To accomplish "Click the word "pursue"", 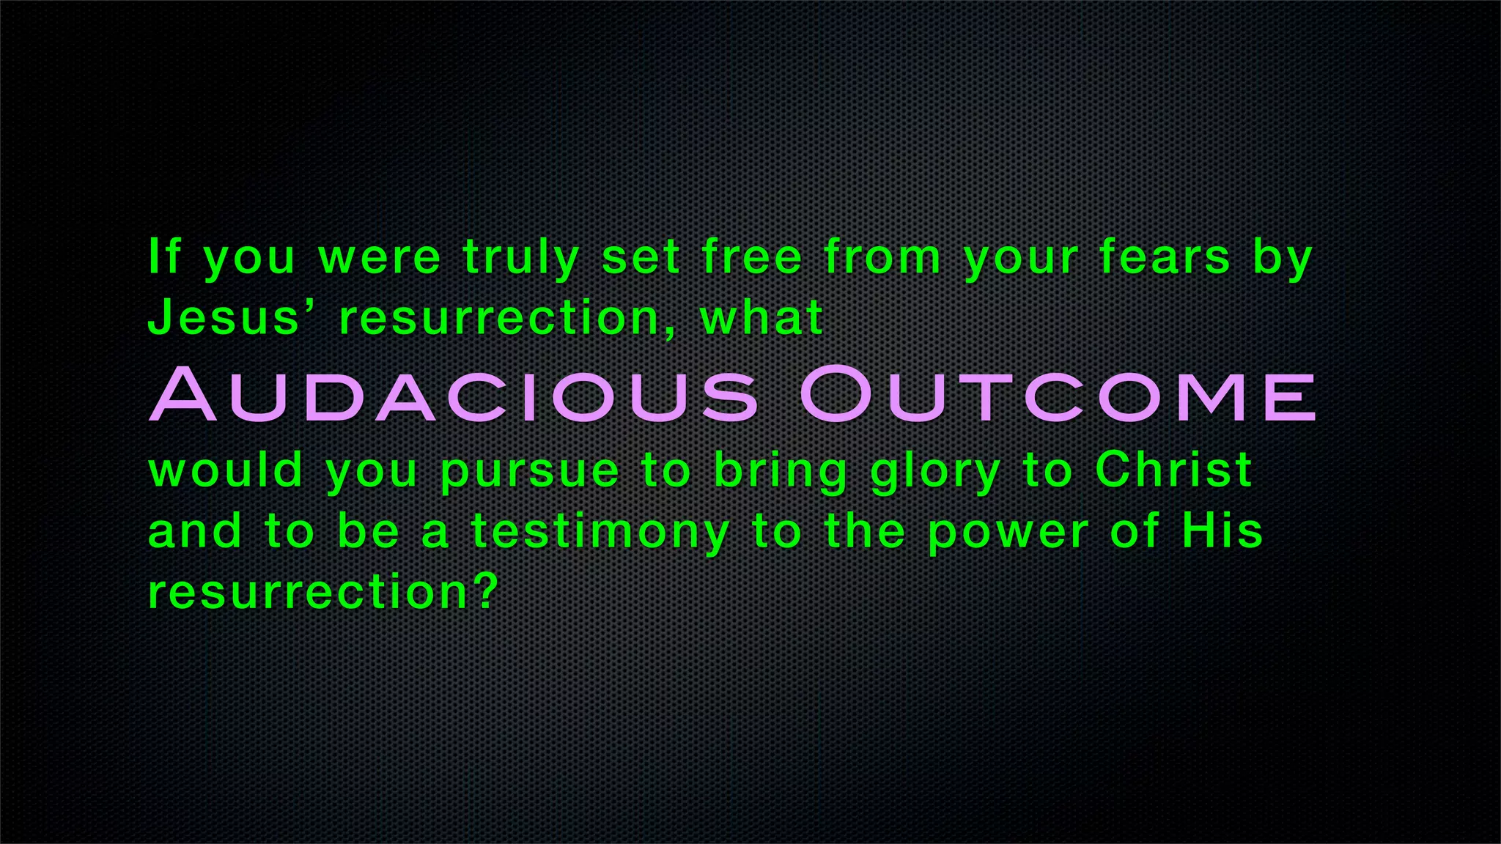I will (x=530, y=473).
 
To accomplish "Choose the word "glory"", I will (x=935, y=473).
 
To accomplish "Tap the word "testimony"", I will (x=600, y=533).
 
